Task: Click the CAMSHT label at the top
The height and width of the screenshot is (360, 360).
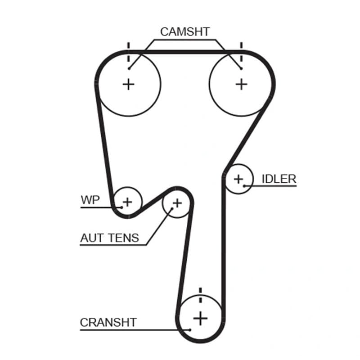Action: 185,31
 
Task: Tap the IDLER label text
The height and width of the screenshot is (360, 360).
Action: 279,179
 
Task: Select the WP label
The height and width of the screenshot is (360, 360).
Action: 90,200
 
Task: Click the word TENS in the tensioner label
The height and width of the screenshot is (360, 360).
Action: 124,238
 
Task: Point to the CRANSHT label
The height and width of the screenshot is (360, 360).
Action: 108,323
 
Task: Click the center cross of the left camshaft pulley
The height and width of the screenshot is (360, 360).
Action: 128,85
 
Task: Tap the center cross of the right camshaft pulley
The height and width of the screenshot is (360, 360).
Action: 241,85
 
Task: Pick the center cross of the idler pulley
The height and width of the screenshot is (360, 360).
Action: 238,179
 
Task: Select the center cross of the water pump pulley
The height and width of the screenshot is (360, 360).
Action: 127,202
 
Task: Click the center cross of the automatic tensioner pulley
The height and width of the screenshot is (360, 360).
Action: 177,203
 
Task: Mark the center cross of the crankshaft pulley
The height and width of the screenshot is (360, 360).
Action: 200,319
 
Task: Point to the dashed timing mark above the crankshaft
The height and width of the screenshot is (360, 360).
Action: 200,295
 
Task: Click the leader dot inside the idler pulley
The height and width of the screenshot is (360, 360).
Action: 244,186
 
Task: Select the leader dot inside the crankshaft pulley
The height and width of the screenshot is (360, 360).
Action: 190,330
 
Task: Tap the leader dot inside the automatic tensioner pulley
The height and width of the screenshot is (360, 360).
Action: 172,209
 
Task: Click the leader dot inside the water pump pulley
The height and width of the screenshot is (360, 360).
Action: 121,207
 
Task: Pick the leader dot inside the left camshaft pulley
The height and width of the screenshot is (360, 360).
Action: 129,68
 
